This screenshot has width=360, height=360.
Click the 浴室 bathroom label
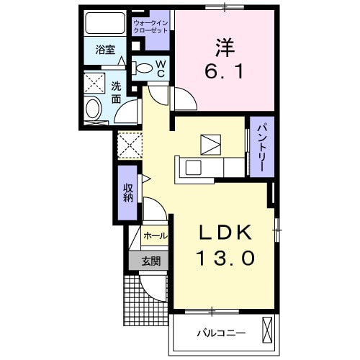pyautogui.click(x=105, y=50)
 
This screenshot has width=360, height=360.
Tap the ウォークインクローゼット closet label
pyautogui.click(x=151, y=27)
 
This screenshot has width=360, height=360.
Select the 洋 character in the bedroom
pyautogui.click(x=223, y=47)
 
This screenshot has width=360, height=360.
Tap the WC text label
pyautogui.click(x=161, y=69)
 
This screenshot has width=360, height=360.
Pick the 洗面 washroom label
pyautogui.click(x=117, y=93)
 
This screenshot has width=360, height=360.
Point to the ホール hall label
pyautogui.click(x=156, y=235)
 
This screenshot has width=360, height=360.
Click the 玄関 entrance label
pyautogui.click(x=150, y=261)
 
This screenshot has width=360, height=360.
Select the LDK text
pyautogui.click(x=225, y=233)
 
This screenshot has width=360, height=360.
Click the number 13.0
pyautogui.click(x=225, y=258)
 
